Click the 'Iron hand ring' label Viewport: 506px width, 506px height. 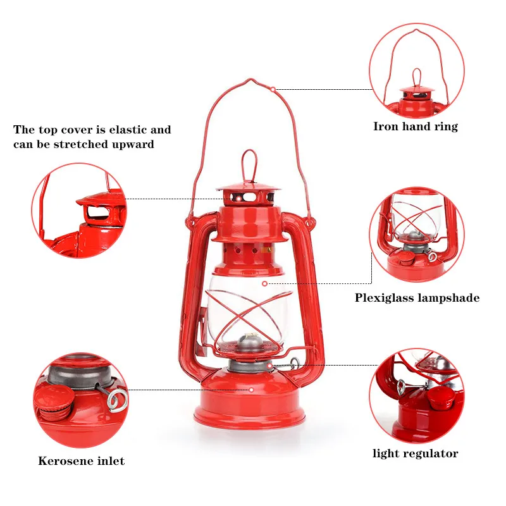(x=415, y=126)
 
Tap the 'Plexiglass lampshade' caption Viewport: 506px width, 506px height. (x=417, y=297)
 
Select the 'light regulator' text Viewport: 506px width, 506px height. (x=415, y=453)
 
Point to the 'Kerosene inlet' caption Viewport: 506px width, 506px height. (x=81, y=460)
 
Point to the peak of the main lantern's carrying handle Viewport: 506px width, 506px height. (x=251, y=82)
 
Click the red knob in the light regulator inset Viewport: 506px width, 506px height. (x=440, y=398)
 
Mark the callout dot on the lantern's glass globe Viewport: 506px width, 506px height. (x=265, y=283)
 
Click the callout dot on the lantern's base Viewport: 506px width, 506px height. (x=251, y=390)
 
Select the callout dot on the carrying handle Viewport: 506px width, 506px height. (x=273, y=89)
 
